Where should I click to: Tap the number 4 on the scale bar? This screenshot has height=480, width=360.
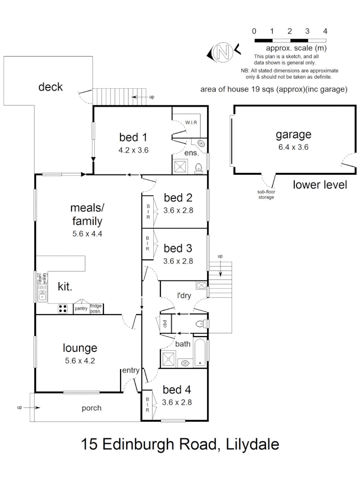[x=325, y=31]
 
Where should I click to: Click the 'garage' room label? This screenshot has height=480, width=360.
[x=293, y=134]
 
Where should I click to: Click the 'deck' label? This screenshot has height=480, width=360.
[x=51, y=87]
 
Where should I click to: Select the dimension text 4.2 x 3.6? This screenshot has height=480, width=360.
[x=133, y=150]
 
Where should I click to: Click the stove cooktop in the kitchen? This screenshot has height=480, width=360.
[x=63, y=308]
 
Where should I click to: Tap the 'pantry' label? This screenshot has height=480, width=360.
[x=81, y=308]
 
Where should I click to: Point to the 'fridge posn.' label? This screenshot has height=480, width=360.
[x=96, y=308]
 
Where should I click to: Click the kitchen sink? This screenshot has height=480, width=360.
[x=43, y=293]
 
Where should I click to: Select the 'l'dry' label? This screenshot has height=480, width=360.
[x=184, y=296]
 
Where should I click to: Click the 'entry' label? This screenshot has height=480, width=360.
[x=131, y=370]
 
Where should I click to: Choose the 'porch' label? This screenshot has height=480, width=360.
[x=92, y=408]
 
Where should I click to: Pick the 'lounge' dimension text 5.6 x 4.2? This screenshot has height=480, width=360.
[x=80, y=360]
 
